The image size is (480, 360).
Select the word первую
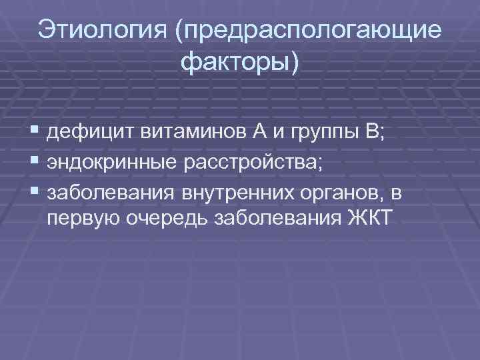[x=81, y=220]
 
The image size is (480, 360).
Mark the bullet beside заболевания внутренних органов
[x=34, y=193]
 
